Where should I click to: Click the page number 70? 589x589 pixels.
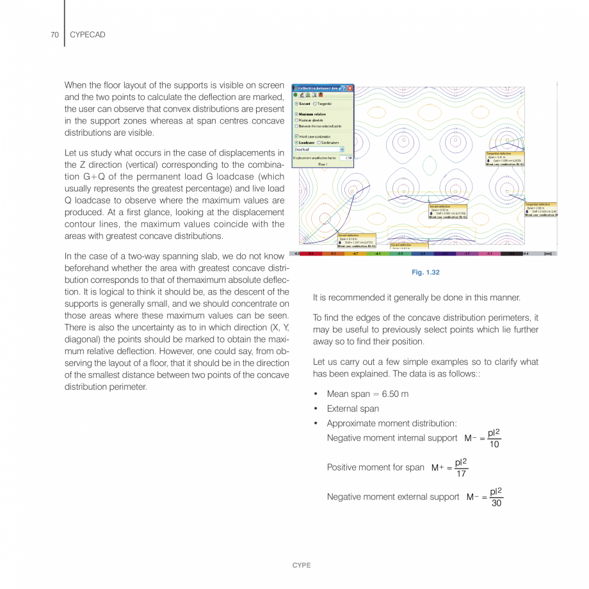tap(54, 35)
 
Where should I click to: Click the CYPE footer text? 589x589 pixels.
tap(301, 565)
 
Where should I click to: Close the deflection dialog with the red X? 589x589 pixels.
tap(350, 88)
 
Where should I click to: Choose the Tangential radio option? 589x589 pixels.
tap(315, 103)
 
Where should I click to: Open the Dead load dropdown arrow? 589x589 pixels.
tap(342, 149)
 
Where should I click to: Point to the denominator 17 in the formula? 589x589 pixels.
tap(461, 474)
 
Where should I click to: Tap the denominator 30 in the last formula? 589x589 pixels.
tap(496, 503)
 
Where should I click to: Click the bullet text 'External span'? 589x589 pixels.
tap(353, 408)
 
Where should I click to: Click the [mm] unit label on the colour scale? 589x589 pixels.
tap(547, 254)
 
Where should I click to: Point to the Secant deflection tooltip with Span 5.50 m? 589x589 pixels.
tap(448, 211)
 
